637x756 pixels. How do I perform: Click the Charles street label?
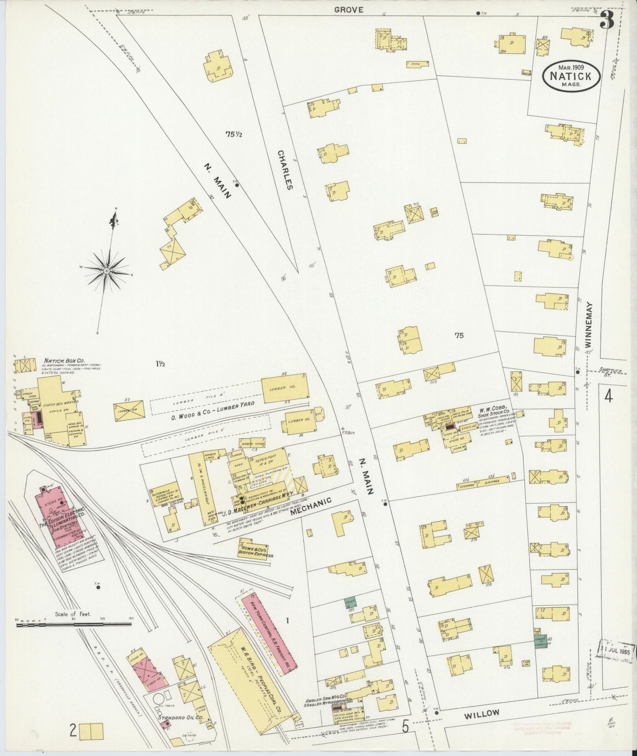285,169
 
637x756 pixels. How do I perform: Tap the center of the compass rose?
106,269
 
